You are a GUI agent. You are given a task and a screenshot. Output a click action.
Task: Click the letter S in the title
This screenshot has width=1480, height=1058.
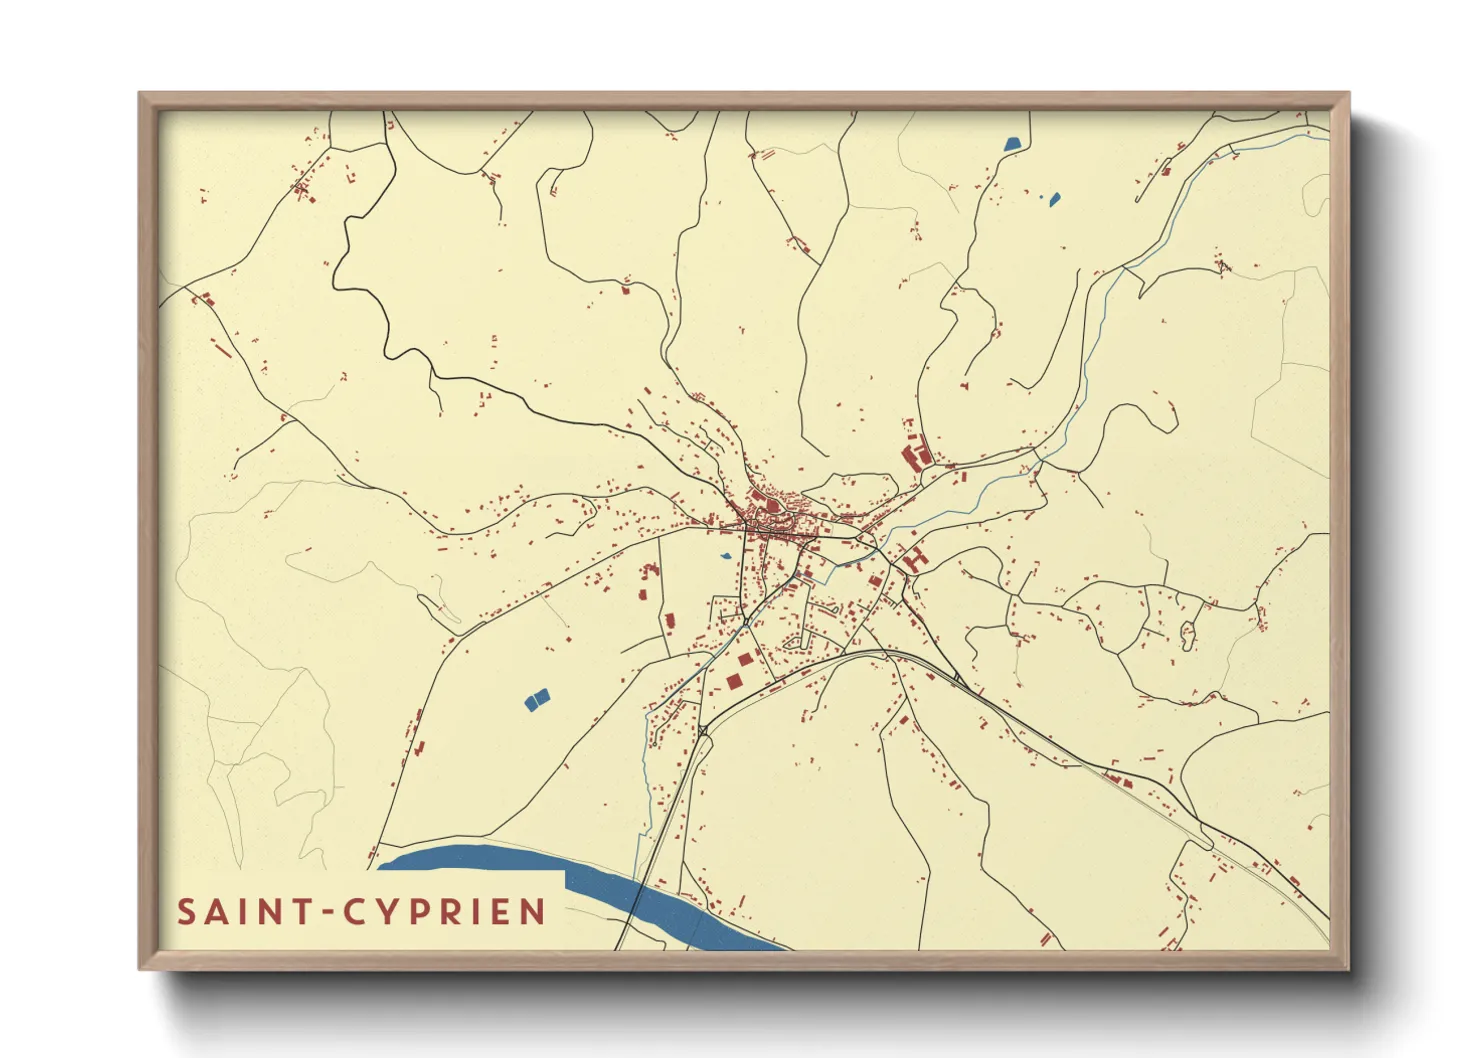pos(187,912)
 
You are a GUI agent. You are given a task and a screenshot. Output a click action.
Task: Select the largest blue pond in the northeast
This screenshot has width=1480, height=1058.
pos(1014,143)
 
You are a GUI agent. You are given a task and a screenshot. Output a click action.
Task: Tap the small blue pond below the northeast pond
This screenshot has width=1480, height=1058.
pos(1053,198)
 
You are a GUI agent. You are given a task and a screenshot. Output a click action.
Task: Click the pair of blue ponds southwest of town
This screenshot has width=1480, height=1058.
pos(537,699)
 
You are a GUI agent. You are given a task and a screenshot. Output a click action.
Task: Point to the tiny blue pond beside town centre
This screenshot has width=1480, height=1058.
pos(725,556)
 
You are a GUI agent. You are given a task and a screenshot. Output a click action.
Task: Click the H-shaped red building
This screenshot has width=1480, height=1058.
pos(914,557)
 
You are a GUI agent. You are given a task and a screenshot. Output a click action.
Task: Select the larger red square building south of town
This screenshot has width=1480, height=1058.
pos(734,681)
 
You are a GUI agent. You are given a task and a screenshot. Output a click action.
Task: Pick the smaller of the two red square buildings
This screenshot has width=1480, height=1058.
pos(745,659)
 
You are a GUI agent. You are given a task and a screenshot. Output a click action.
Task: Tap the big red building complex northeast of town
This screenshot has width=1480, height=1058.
pos(914,456)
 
